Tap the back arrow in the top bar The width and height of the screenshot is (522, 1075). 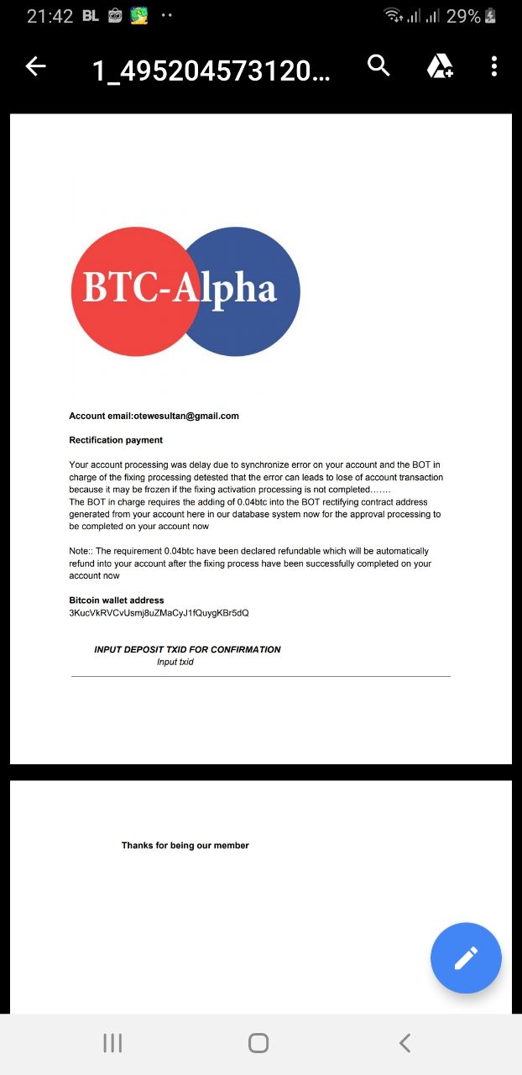[35, 67]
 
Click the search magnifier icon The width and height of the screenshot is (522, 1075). [379, 66]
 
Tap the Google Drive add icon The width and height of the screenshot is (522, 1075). [440, 66]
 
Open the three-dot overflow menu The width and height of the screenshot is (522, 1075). [494, 66]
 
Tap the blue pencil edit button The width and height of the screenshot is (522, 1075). [466, 957]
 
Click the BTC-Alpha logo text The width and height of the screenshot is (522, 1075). [180, 288]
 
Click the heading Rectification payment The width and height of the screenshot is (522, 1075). [116, 440]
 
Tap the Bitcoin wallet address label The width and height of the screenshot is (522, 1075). [117, 600]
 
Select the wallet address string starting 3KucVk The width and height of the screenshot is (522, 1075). [159, 613]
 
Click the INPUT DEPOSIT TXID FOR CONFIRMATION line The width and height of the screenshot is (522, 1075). [187, 649]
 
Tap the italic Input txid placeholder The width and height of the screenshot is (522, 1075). [175, 662]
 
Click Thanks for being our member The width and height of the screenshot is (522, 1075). [185, 846]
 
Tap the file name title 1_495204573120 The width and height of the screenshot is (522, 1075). [211, 71]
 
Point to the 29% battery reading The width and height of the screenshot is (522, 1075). [463, 16]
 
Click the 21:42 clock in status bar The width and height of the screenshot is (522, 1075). [50, 16]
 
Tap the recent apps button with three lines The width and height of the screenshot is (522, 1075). [112, 1043]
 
